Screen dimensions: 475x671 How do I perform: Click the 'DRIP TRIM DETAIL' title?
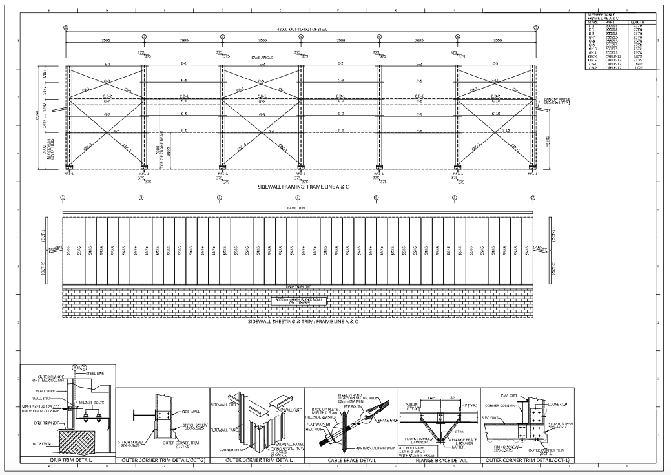[68, 460]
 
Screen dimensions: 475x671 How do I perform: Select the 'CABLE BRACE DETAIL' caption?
[351, 460]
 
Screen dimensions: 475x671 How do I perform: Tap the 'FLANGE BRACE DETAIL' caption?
[442, 460]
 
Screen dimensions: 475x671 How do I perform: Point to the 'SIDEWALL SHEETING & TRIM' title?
[284, 321]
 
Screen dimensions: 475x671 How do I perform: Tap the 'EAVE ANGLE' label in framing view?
[262, 58]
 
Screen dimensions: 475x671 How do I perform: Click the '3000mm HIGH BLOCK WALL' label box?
[298, 301]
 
